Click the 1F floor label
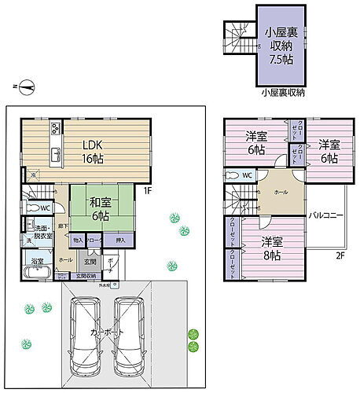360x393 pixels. tap(147, 189)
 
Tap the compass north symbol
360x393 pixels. tap(27, 86)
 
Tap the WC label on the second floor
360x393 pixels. tap(246, 175)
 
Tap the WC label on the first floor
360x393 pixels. tap(43, 208)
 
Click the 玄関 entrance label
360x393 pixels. tap(90, 262)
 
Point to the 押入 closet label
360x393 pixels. tap(119, 240)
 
